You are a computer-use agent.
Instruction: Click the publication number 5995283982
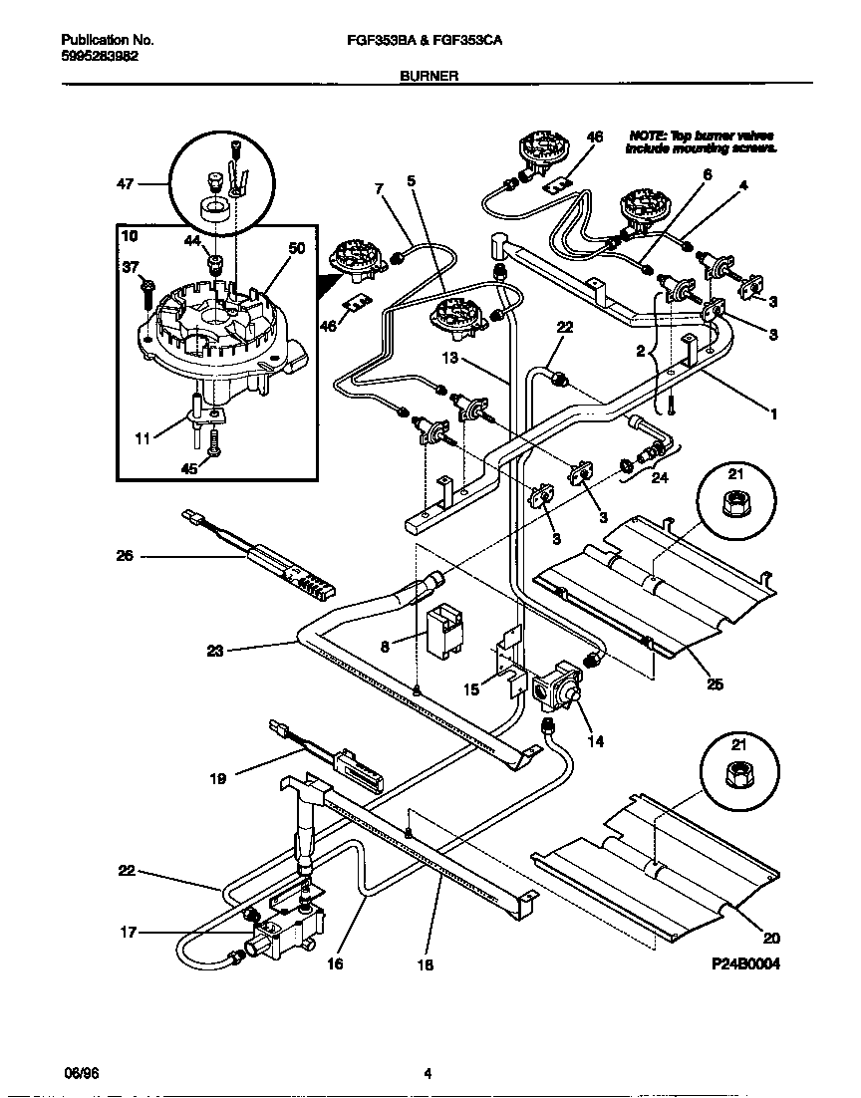pos(100,57)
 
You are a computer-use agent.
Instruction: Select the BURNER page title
pos(430,74)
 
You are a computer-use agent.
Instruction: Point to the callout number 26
pos(124,556)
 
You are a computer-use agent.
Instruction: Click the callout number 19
pos(218,778)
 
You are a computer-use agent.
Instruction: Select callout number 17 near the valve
pos(128,933)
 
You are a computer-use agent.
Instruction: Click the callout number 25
pos(715,685)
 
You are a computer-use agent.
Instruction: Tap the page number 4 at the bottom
pos(428,1073)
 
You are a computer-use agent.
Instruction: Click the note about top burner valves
pos(700,141)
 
